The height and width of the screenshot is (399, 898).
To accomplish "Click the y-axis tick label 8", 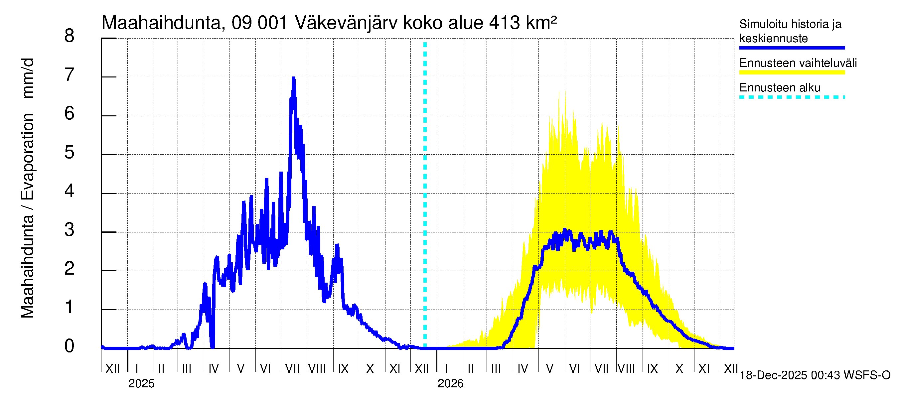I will [70, 36].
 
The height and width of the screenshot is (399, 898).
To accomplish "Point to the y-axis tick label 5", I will [70, 152].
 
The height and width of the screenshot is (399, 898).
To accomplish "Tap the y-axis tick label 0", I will [70, 346].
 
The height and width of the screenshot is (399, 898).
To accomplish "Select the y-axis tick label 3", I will [70, 230].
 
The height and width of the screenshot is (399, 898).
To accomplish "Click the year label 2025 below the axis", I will [141, 384].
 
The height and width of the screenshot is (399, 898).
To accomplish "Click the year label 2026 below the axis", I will [450, 384].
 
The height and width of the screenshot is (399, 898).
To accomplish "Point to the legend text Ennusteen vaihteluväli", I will [798, 63].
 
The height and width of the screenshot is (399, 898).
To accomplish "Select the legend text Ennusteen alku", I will [780, 87].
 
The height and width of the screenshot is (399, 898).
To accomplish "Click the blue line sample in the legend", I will [792, 48].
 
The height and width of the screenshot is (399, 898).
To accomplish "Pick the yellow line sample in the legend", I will [792, 72].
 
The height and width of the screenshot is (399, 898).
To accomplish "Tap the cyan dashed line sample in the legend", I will [792, 97].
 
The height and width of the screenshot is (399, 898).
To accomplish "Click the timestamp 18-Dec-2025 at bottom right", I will [773, 375].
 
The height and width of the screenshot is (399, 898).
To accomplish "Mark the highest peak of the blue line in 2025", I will [294, 78].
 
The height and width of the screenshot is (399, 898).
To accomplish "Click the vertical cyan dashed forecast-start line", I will [425, 195].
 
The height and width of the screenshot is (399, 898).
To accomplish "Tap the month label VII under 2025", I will [292, 369].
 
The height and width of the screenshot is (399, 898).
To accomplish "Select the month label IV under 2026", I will [523, 369].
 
